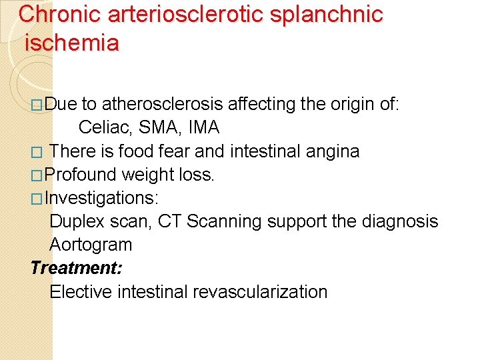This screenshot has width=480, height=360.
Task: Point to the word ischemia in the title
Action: (x=72, y=43)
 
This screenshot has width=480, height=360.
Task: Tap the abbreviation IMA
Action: (x=203, y=127)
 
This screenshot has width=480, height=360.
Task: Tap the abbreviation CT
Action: (x=170, y=221)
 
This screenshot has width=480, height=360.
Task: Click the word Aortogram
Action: (x=91, y=245)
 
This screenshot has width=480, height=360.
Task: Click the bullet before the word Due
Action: (x=37, y=105)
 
